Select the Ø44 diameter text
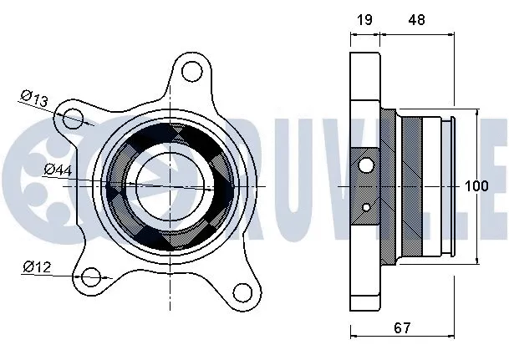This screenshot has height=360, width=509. point(57,170)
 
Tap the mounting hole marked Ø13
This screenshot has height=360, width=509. point(74,118)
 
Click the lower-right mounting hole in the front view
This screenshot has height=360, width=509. point(242,292)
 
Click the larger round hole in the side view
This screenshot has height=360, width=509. point(365,164)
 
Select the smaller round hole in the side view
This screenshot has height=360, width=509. point(367,205)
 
